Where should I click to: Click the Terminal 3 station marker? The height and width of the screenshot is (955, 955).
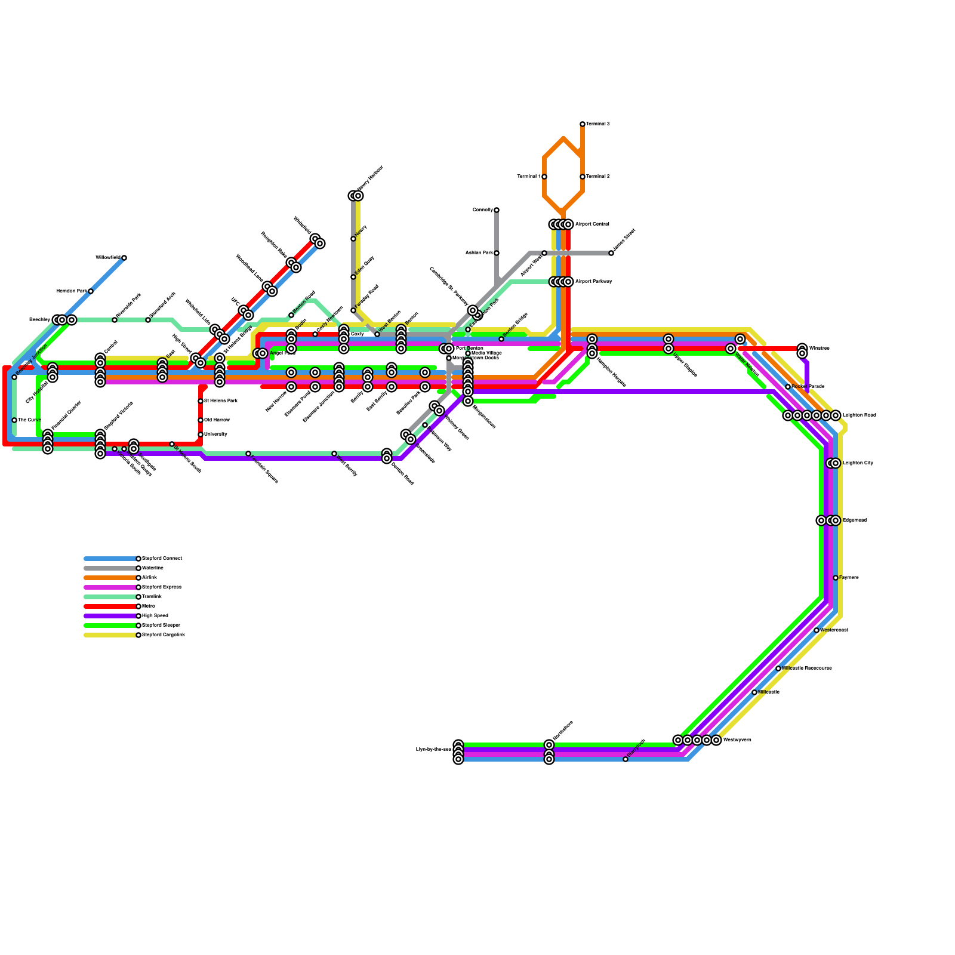(583, 124)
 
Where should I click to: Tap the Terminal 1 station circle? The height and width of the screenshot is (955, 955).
(544, 177)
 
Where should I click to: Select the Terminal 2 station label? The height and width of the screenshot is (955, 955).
(597, 177)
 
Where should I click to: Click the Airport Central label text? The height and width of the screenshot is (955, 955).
(592, 224)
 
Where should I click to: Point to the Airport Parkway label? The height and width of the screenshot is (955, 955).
(593, 282)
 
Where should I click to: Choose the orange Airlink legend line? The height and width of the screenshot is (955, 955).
(110, 578)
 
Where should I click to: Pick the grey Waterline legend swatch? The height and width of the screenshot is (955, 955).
(110, 568)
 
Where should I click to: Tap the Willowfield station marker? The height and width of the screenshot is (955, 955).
(124, 258)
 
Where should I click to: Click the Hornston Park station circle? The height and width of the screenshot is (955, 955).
(91, 291)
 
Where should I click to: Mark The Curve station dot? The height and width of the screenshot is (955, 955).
(14, 420)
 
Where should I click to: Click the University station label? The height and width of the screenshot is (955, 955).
(215, 435)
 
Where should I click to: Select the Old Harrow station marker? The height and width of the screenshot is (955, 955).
(201, 420)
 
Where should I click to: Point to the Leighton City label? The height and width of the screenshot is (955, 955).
(858, 463)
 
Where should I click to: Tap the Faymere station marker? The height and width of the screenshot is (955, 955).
(836, 578)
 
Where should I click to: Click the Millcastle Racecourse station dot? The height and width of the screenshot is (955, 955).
(778, 668)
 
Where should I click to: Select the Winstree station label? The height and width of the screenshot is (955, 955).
(819, 349)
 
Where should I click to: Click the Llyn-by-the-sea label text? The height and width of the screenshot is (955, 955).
(433, 750)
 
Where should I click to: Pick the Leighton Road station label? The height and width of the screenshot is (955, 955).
(859, 415)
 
